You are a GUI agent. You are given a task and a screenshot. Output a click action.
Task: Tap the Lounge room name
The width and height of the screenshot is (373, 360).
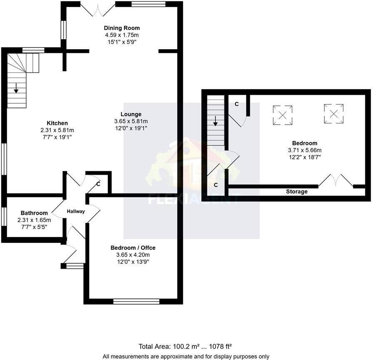tap(131, 114)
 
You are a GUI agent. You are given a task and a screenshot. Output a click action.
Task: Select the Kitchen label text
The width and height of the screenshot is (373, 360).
tap(57, 123)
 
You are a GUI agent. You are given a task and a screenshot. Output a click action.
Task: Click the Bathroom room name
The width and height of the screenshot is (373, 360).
tap(34, 213)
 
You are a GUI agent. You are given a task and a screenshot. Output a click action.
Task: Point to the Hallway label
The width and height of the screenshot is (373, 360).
tap(76, 211)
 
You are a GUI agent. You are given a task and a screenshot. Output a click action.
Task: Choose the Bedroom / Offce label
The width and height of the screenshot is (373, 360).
tap(133, 247)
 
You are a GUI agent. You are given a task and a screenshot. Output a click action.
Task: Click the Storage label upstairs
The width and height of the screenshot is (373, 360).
tap(297, 192)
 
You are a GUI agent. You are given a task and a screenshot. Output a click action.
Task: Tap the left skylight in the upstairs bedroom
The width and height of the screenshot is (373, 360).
tap(282, 115)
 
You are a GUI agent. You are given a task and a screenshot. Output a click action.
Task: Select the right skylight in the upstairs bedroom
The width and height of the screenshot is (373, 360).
tap(333, 113)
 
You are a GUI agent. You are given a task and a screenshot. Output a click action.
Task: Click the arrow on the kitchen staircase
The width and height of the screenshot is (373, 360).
tap(16, 88)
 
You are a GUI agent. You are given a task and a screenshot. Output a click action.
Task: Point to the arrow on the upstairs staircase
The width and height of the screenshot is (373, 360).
tap(215, 121)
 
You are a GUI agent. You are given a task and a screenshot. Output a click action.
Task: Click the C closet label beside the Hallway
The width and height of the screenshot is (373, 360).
tap(98, 183)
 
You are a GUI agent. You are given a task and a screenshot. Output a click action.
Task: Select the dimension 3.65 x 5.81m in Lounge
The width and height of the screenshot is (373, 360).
tap(131, 121)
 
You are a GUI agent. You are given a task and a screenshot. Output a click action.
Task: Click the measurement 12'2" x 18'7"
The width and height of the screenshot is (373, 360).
tap(305, 157)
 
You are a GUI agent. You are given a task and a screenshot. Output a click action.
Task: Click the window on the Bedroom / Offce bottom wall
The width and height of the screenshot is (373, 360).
tap(137, 301)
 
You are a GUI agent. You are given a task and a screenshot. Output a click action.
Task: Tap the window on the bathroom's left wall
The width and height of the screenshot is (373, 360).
tap(3, 217)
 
